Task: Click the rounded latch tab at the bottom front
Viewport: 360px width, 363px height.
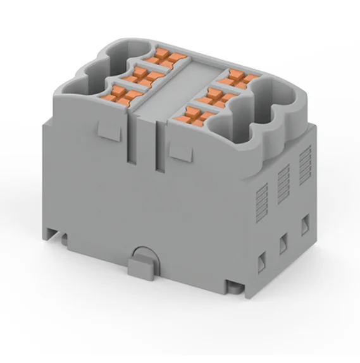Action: pyautogui.click(x=142, y=261)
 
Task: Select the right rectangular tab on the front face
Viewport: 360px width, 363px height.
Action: pyautogui.click(x=179, y=147)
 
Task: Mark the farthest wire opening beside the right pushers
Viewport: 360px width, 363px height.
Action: pyautogui.click(x=278, y=98)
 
